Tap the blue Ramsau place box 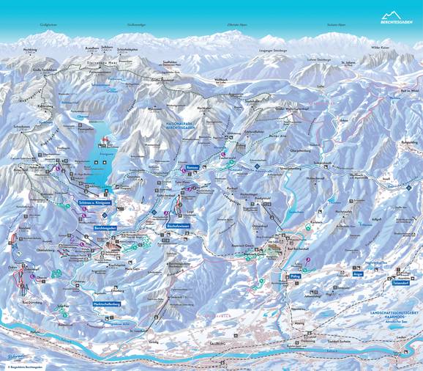click(x=193, y=168)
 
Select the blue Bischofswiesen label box click(x=178, y=226)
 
